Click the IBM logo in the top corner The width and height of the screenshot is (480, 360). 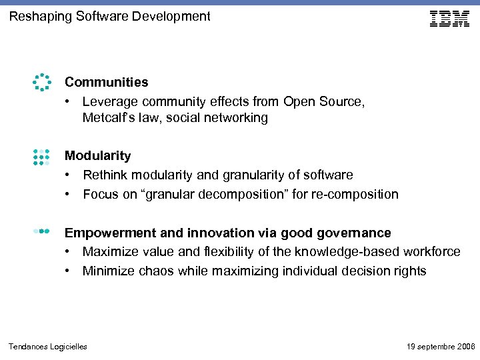click(x=450, y=18)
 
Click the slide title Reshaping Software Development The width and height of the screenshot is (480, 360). click(x=109, y=16)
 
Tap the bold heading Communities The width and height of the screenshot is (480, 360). click(x=106, y=83)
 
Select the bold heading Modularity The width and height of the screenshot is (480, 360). click(x=97, y=156)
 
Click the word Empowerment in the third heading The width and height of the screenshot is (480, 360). click(x=107, y=233)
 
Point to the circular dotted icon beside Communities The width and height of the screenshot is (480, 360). click(x=41, y=82)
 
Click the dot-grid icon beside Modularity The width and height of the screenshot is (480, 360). click(x=41, y=156)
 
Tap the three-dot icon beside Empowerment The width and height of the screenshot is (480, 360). click(x=41, y=231)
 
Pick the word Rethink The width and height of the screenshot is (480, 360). click(x=105, y=175)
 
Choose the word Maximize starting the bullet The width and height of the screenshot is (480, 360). click(x=109, y=252)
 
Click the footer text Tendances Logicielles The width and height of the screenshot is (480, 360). click(x=48, y=347)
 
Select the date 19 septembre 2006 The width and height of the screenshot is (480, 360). click(x=441, y=347)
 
